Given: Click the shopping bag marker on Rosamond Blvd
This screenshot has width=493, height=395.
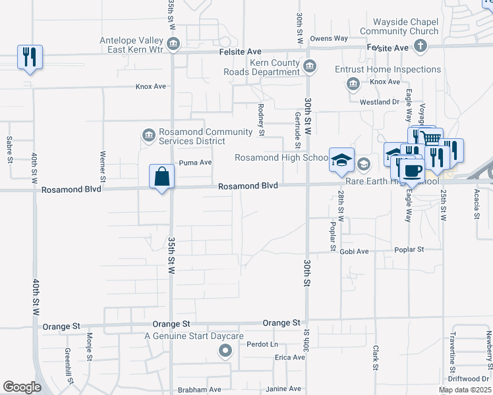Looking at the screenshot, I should (161, 177).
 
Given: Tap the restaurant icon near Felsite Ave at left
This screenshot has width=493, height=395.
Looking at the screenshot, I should (30, 57).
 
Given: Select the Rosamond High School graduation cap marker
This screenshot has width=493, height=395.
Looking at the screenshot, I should (341, 160).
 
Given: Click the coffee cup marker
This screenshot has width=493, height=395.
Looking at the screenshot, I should (413, 171).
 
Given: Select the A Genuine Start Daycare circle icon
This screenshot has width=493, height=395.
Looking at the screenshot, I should (225, 351).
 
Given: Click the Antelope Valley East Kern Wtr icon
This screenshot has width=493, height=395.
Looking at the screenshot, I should (173, 45).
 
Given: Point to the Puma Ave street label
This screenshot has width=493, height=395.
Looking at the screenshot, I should (195, 162).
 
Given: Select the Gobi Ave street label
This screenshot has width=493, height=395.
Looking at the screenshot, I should (354, 251).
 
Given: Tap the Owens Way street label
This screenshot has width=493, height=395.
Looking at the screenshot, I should (329, 38).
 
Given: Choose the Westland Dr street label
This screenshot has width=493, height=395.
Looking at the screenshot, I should (379, 102).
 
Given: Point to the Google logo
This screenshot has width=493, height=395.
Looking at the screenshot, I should (22, 387).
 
